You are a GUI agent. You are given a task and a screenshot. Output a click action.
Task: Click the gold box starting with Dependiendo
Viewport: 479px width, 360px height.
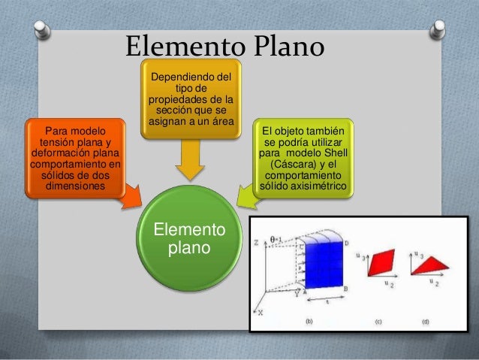pyautogui.click(x=191, y=98)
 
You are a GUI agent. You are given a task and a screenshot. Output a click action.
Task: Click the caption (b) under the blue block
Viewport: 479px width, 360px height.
pyautogui.click(x=308, y=321)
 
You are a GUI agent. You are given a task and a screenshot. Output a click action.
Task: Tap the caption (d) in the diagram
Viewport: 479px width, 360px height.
pyautogui.click(x=425, y=321)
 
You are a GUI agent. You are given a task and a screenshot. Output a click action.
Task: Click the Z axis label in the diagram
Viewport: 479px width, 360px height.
pyautogui.click(x=256, y=242)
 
